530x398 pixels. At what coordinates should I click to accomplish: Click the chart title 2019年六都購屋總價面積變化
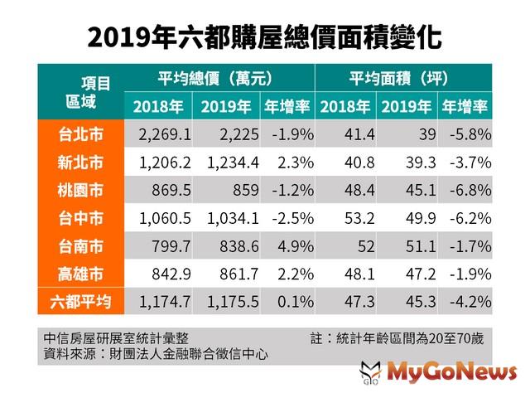point(264,37)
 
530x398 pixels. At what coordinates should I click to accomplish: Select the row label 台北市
point(80,133)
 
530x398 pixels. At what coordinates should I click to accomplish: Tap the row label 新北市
point(80,161)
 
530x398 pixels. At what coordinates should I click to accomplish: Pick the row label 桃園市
point(80,189)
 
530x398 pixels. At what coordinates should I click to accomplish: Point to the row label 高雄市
point(80,273)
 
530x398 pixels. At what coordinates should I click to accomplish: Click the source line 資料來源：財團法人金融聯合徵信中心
point(160,354)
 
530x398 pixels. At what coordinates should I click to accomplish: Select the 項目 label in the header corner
point(96,83)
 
